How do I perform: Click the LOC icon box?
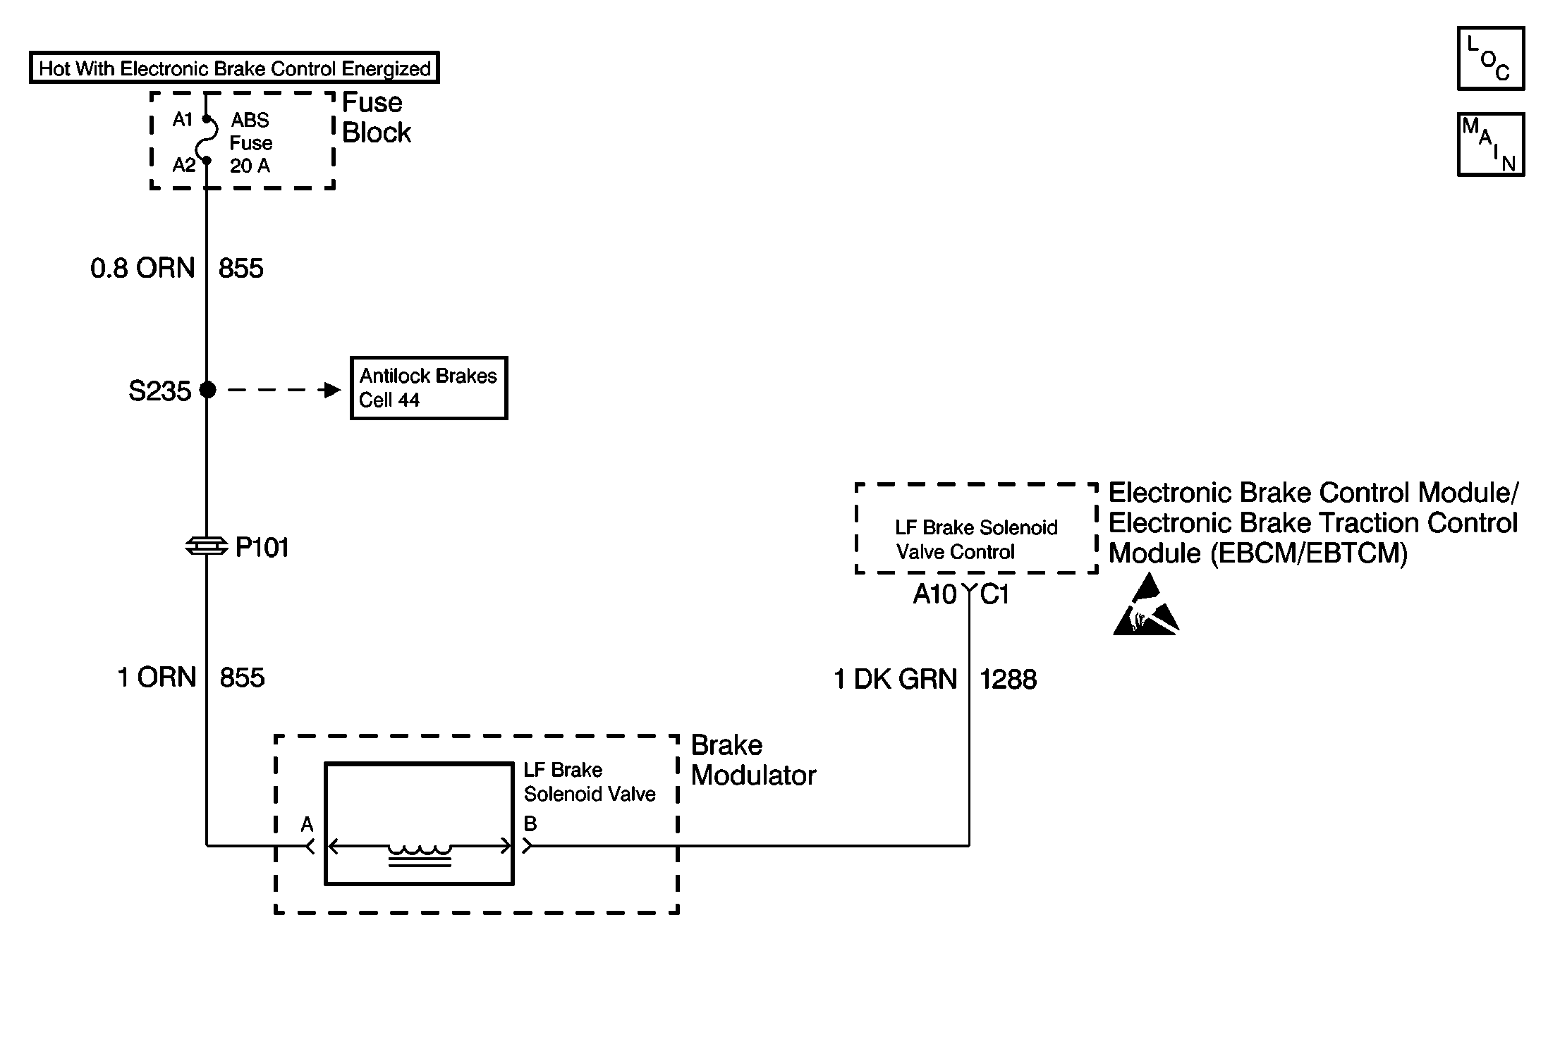1490,59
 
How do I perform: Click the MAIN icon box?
1490,145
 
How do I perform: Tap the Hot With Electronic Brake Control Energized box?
234,68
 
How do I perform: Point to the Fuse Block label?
375,118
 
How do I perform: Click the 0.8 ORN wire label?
142,269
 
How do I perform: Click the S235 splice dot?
207,390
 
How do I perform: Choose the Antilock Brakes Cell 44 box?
429,388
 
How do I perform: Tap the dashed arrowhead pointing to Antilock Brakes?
330,390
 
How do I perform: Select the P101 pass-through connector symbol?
207,546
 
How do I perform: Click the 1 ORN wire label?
157,677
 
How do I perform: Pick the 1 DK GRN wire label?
896,680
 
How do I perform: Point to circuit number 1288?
1008,680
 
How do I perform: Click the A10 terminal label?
934,595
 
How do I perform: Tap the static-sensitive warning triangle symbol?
1145,608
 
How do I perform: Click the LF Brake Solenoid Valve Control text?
976,540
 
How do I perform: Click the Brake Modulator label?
752,761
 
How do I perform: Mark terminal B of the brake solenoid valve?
530,824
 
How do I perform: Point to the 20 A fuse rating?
250,166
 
